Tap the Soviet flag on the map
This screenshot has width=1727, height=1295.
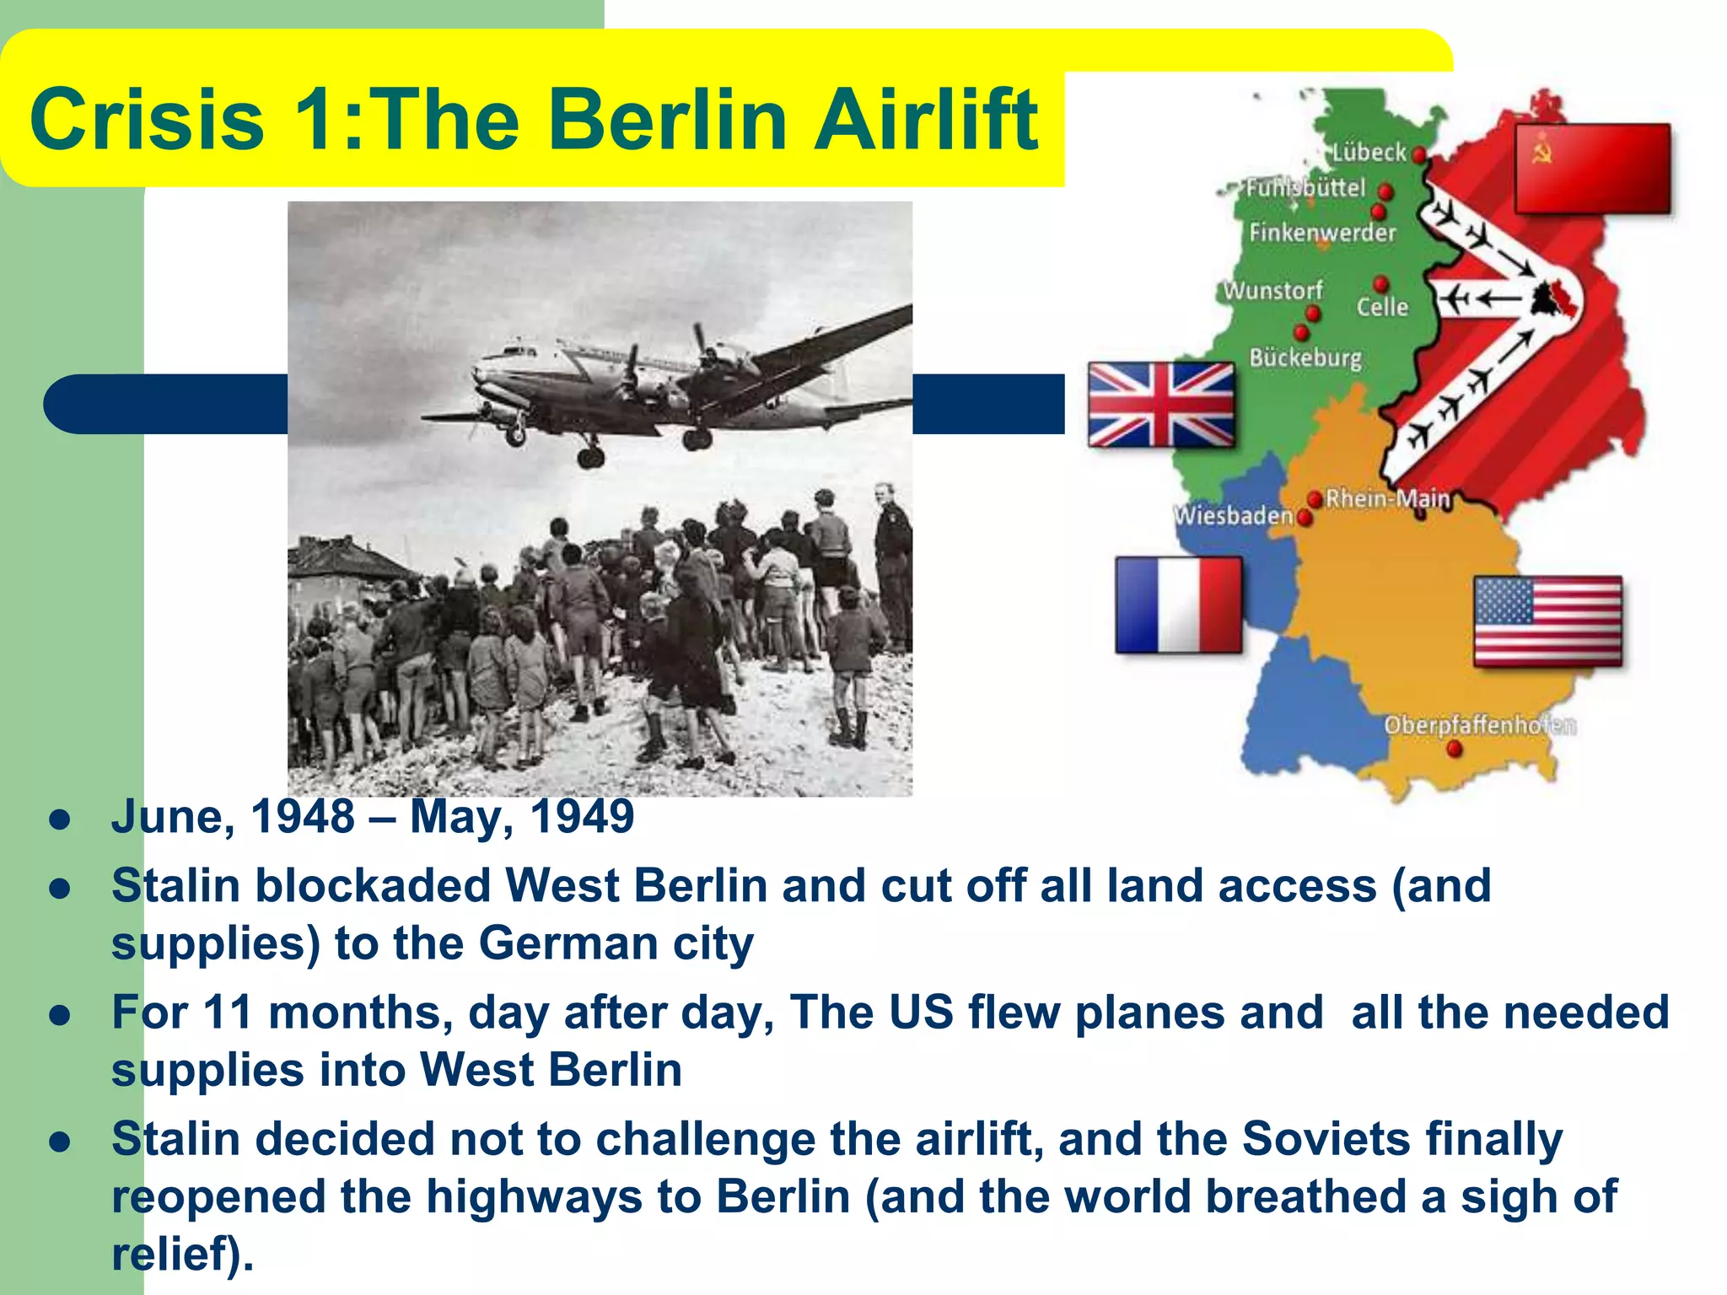coord(1592,169)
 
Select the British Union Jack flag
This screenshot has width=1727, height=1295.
coord(1161,405)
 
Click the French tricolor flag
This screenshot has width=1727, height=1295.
coord(1178,605)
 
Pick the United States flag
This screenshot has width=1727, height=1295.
coord(1547,621)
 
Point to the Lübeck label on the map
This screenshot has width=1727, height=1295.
coord(1369,153)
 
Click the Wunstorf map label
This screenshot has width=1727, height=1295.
coord(1272,291)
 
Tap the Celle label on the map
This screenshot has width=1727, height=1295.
coord(1382,307)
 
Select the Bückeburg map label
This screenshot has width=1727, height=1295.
coord(1305,357)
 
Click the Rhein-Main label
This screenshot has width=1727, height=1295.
coord(1387,498)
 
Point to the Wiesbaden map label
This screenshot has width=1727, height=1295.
coord(1233,515)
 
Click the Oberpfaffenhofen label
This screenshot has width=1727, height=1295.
coord(1479,725)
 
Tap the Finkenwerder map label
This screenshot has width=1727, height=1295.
coord(1322,232)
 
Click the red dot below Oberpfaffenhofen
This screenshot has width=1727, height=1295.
coord(1455,749)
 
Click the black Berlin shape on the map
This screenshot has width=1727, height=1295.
coord(1550,300)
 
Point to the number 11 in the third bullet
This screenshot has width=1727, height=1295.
coord(228,1013)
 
